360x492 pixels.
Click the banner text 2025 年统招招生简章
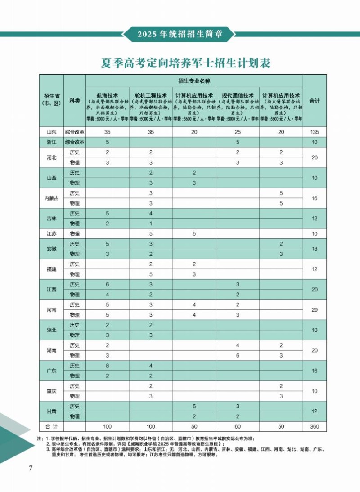(x=180, y=34)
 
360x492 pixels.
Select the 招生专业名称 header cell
(x=194, y=81)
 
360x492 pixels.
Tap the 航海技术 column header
(x=108, y=96)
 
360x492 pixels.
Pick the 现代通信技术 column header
(x=238, y=96)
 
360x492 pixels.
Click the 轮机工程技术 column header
(x=151, y=96)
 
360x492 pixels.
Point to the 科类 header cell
(x=75, y=101)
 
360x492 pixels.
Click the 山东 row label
(x=52, y=132)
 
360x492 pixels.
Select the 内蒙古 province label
(x=52, y=198)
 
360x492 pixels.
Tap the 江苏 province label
(x=52, y=234)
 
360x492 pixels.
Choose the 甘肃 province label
(x=52, y=411)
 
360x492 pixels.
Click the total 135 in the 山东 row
(x=315, y=132)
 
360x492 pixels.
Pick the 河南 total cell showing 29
(x=315, y=310)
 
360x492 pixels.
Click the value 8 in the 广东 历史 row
(x=108, y=366)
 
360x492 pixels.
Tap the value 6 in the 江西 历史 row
(x=108, y=285)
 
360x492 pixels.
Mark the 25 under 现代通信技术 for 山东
(x=238, y=132)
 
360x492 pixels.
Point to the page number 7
(x=31, y=468)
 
